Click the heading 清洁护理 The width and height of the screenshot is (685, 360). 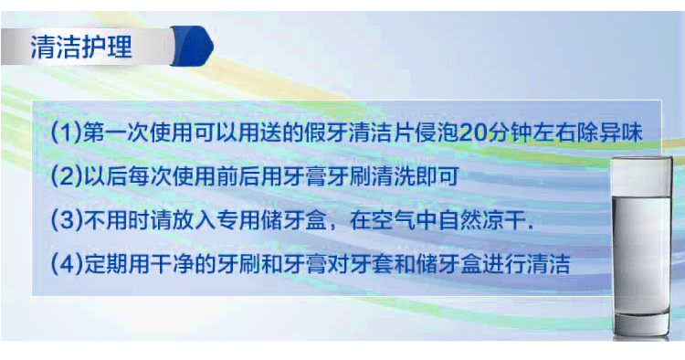(82, 47)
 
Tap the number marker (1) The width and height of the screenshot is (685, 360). (67, 132)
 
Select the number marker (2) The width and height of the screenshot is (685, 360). (67, 175)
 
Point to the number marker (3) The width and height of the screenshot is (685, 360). (67, 220)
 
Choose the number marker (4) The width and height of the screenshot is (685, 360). (67, 265)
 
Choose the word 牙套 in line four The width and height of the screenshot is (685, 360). (383, 265)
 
